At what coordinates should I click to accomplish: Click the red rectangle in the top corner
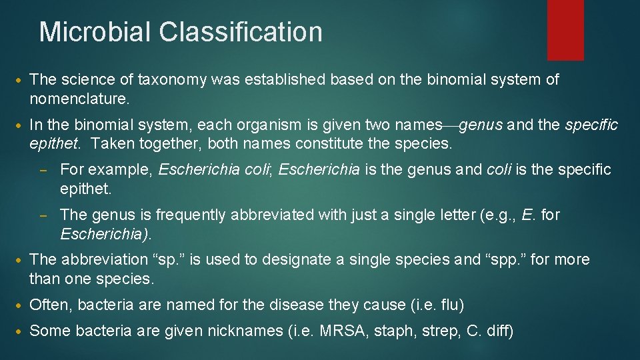pos(565,30)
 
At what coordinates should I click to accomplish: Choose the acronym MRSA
pos(349,329)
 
